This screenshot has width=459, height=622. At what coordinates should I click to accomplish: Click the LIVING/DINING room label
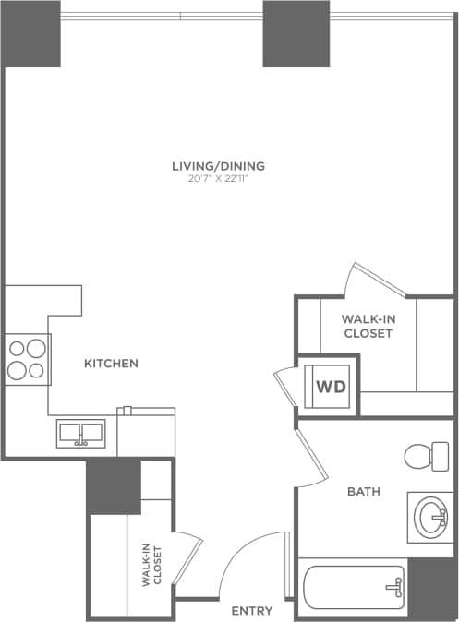[219, 166]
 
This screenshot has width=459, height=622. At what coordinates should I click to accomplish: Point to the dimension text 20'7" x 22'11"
[219, 178]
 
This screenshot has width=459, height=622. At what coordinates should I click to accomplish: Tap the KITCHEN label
[111, 364]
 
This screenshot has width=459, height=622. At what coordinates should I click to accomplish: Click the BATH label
[363, 492]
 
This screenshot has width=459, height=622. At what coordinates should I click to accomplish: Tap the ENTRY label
[251, 611]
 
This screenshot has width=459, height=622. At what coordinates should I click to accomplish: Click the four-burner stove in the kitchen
[26, 359]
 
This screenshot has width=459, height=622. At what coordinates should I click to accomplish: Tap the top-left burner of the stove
[17, 349]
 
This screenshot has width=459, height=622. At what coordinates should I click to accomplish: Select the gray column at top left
[31, 33]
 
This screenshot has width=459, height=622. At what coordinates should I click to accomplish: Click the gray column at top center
[296, 33]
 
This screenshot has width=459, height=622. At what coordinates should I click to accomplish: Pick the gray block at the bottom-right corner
[431, 588]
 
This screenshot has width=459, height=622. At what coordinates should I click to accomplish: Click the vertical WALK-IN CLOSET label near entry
[152, 566]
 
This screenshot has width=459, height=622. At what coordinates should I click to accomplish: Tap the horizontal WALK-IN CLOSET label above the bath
[368, 327]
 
